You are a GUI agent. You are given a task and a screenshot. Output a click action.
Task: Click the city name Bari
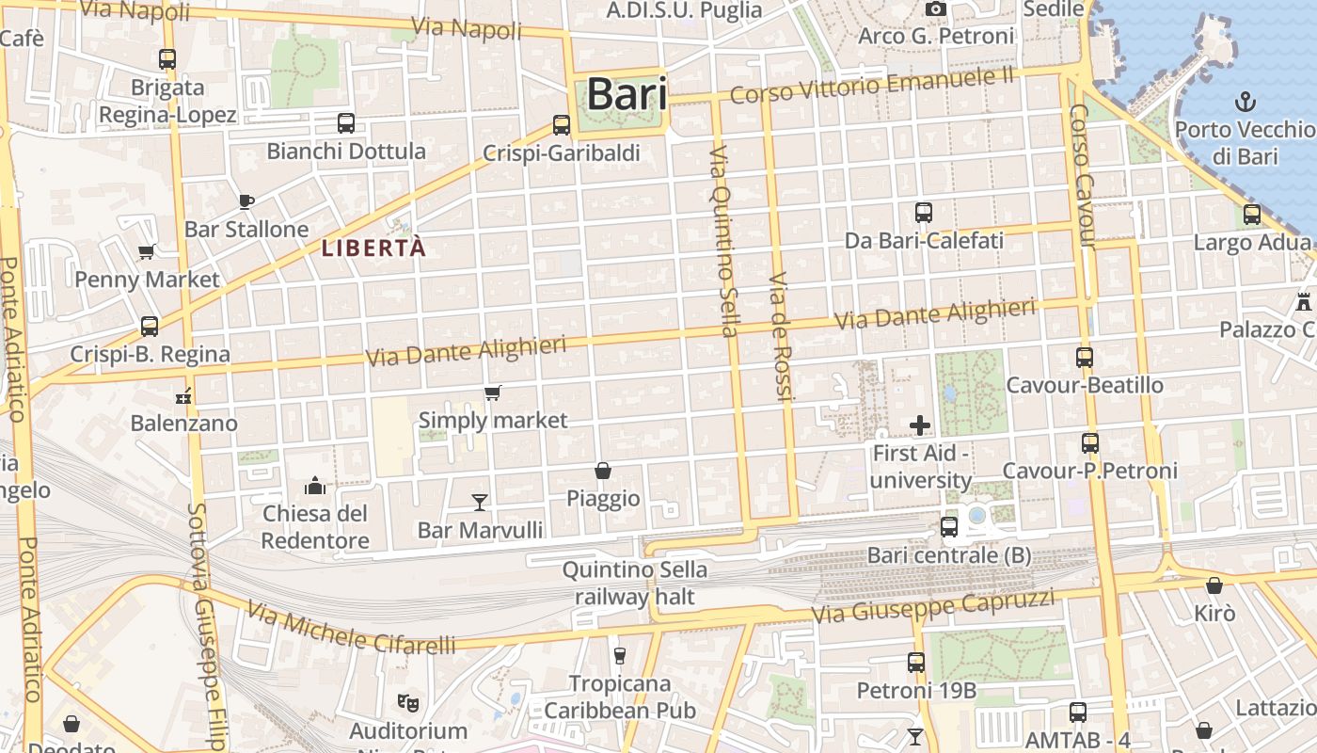(627, 94)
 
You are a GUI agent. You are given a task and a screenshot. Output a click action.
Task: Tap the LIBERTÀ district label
(373, 248)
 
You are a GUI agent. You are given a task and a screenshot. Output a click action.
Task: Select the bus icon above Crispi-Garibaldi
(562, 124)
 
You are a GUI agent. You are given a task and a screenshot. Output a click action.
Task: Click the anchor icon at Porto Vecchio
(1246, 101)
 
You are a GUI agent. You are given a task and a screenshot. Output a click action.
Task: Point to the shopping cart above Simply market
(492, 393)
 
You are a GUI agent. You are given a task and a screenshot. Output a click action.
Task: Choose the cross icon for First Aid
(920, 425)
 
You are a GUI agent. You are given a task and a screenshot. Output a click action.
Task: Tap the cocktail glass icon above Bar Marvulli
(480, 503)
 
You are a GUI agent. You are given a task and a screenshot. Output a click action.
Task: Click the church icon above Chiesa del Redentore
(315, 486)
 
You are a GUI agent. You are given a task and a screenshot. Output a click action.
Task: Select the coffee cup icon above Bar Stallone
(246, 200)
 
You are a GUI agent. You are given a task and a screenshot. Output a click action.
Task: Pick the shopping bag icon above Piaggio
(603, 470)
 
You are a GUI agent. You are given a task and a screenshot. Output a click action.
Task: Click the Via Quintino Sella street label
(722, 241)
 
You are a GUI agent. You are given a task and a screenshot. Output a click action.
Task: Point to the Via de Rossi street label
(779, 337)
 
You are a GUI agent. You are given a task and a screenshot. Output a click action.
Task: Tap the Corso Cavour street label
(1082, 175)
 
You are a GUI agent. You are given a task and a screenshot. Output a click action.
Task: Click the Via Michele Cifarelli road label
(351, 630)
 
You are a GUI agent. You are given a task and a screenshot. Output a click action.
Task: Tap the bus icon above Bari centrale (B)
(948, 527)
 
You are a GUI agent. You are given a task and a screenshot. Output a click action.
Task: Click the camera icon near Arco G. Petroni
(935, 9)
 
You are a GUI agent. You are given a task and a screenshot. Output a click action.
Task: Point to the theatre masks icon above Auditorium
(407, 702)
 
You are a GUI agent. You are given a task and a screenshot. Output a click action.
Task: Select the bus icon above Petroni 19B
(916, 663)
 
